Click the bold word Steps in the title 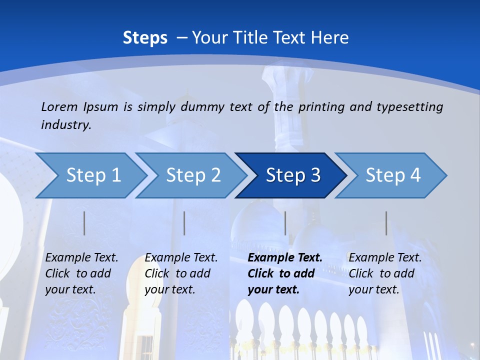tap(145, 38)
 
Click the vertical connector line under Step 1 tap(84, 223)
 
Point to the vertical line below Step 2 tap(184, 223)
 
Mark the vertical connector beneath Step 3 tap(285, 223)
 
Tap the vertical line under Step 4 tap(386, 223)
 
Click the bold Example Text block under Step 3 tap(284, 273)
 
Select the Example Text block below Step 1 tap(81, 273)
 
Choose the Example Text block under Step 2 tap(181, 273)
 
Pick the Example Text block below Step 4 tap(385, 273)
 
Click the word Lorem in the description tap(59, 106)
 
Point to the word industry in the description tap(65, 124)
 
